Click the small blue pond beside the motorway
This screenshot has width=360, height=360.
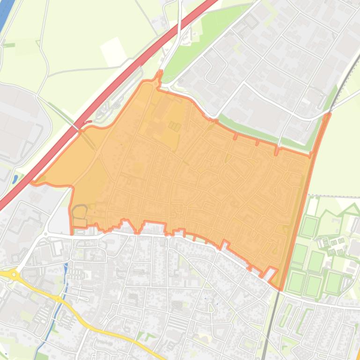coord(15,179)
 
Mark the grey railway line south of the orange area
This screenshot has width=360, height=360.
coord(269,327)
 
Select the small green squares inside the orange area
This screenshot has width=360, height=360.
coord(175,126)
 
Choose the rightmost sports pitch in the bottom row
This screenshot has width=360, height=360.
coord(333,282)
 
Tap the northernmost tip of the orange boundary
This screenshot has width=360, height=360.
coord(160,72)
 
